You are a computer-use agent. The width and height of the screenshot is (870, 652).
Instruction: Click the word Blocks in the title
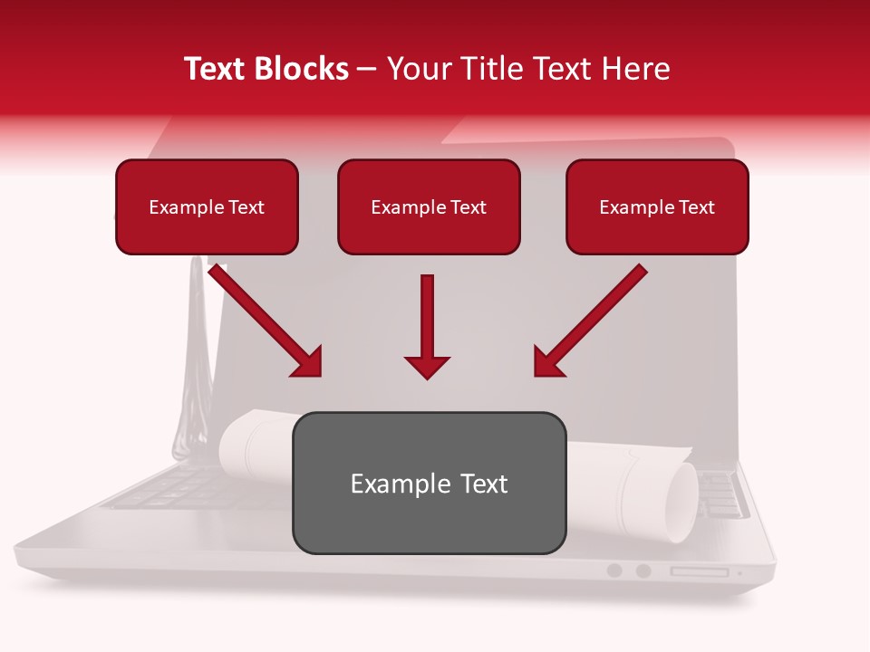303,69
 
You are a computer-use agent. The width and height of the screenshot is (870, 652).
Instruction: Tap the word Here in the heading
637,69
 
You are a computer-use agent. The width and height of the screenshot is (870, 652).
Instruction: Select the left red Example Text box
207,207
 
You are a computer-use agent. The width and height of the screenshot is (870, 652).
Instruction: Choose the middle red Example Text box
429,207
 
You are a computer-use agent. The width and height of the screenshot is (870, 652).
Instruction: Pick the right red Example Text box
657,207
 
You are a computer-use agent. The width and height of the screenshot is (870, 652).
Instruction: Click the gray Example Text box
429,483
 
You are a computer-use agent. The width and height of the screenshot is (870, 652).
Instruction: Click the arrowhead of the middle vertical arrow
427,366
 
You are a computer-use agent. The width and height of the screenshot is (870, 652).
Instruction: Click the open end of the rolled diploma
681,502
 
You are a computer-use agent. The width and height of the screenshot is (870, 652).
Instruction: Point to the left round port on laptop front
614,570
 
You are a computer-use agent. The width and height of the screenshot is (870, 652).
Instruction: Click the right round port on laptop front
643,570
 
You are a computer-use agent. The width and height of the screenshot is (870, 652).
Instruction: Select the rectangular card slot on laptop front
699,571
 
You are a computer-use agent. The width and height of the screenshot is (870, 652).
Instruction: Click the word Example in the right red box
633,207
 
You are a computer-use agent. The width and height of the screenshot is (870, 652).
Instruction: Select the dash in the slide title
367,69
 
